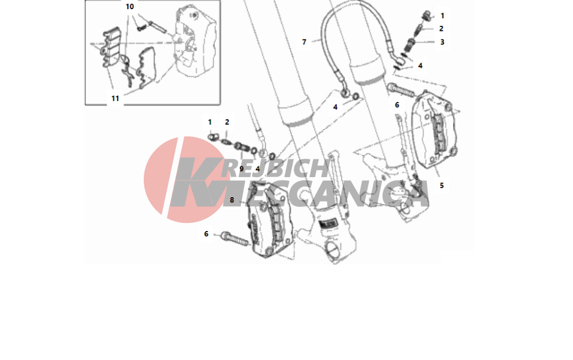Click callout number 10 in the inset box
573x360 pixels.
click(x=129, y=6)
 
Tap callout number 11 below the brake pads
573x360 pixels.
click(x=115, y=99)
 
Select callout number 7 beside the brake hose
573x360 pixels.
click(x=304, y=42)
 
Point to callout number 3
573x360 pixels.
click(x=442, y=42)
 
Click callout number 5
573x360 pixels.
click(x=441, y=186)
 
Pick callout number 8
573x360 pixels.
click(x=231, y=200)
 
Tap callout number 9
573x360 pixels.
click(x=241, y=169)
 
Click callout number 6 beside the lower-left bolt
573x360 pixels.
click(x=206, y=234)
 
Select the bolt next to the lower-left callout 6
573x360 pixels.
click(x=234, y=238)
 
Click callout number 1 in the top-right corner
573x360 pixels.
click(x=442, y=15)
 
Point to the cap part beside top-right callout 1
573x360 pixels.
click(x=427, y=15)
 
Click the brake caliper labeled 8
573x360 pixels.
click(x=270, y=220)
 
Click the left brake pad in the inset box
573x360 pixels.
click(x=112, y=46)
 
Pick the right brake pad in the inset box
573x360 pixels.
click(x=146, y=68)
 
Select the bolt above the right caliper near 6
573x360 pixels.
click(x=401, y=89)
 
